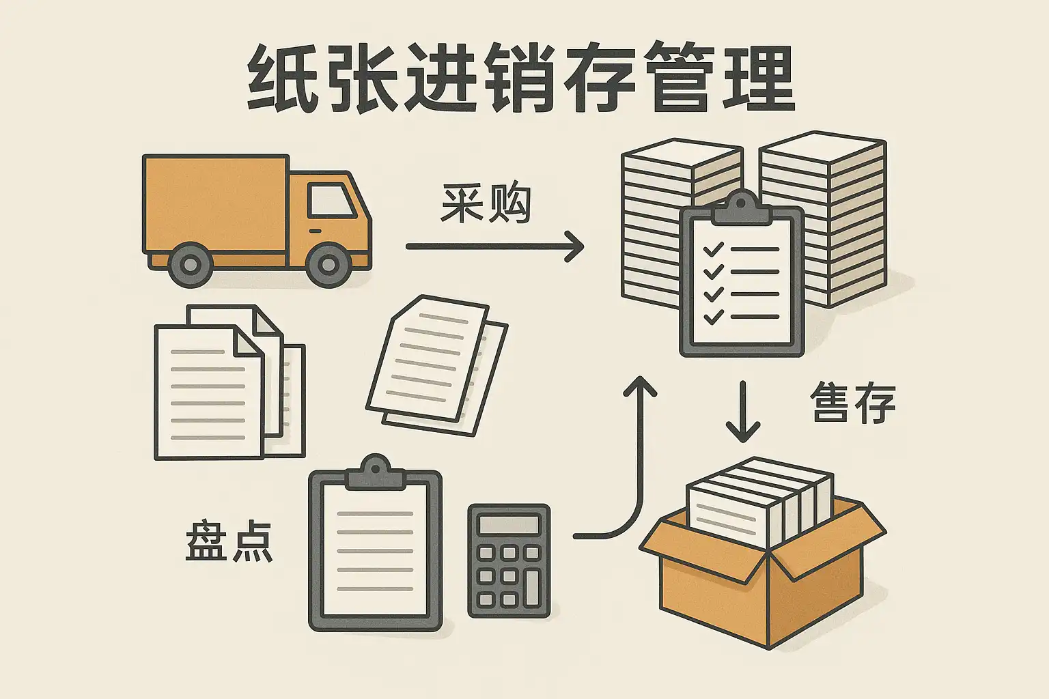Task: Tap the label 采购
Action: coord(486,203)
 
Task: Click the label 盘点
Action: coord(229,542)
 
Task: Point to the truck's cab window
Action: coord(331,200)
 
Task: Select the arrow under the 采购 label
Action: coord(494,246)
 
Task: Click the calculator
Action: coord(509,560)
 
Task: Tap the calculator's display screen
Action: coord(509,524)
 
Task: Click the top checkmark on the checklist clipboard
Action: coord(713,249)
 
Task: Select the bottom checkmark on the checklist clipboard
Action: coord(713,316)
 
